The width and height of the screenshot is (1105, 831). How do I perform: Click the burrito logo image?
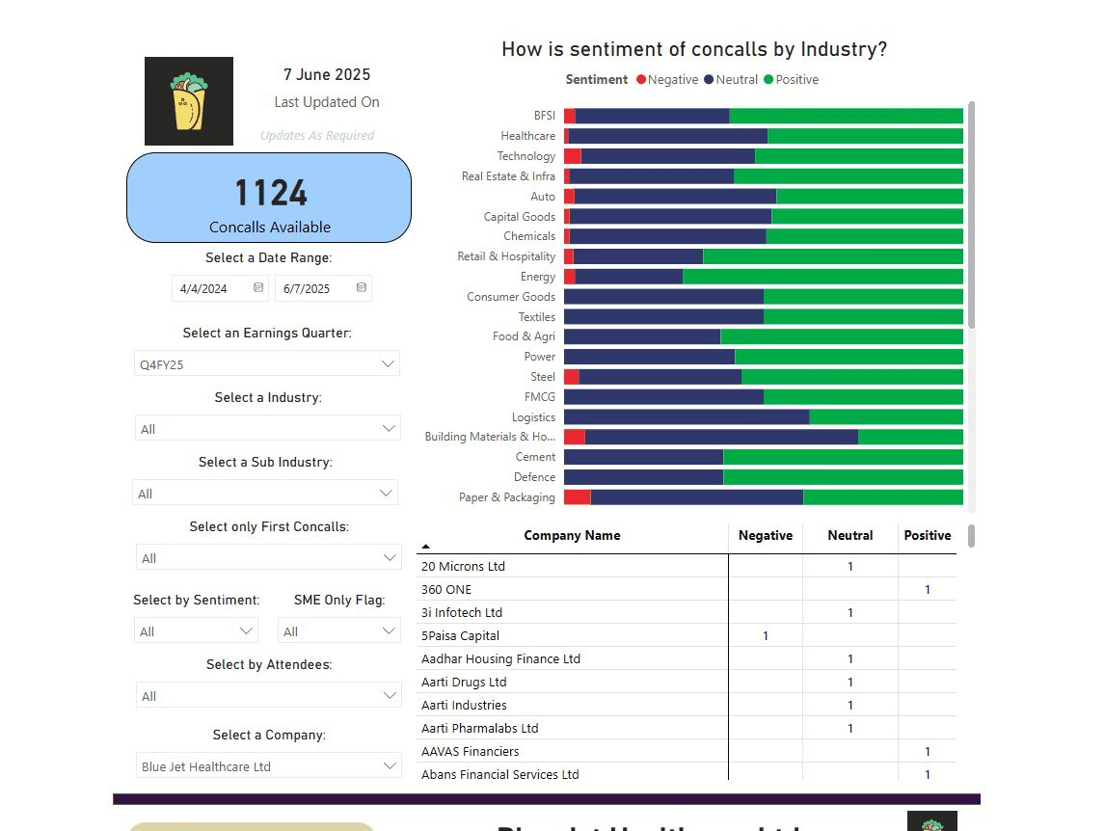click(x=189, y=101)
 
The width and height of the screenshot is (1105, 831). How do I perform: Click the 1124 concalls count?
click(x=271, y=193)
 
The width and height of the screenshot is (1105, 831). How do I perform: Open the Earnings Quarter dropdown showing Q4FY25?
click(x=267, y=363)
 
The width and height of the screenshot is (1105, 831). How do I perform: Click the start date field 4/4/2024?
click(x=213, y=288)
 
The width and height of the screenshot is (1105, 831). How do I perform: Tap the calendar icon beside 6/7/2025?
click(x=361, y=287)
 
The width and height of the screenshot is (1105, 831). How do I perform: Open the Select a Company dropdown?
click(x=267, y=766)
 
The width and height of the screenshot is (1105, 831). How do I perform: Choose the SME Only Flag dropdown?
click(x=338, y=631)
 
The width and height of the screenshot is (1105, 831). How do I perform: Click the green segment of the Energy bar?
click(x=822, y=277)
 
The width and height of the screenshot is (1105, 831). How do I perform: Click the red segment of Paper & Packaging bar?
click(x=577, y=497)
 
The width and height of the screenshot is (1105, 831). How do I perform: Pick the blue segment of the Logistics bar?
click(x=686, y=417)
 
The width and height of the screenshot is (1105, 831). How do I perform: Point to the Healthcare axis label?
click(x=527, y=136)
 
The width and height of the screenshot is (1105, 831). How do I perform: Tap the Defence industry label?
click(x=534, y=477)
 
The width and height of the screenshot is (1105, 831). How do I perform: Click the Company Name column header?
click(x=572, y=536)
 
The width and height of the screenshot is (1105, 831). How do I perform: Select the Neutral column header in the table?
click(x=849, y=536)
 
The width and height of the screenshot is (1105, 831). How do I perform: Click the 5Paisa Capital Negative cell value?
click(x=766, y=636)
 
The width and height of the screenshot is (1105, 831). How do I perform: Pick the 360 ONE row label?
click(x=446, y=589)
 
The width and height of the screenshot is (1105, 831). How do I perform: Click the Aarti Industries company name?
click(x=464, y=705)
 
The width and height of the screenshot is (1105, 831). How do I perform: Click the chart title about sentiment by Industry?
click(x=693, y=49)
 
